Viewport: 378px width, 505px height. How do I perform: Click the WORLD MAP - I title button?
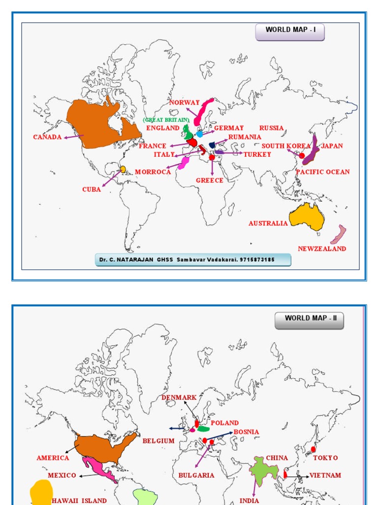(290, 30)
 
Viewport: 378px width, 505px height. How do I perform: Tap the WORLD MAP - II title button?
(309, 318)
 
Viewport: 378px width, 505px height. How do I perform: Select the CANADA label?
(47, 137)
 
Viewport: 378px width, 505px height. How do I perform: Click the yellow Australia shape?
(306, 216)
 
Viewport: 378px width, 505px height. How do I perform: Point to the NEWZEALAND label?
(322, 249)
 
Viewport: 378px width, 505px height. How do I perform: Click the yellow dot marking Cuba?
(123, 169)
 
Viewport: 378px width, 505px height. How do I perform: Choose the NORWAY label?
(185, 103)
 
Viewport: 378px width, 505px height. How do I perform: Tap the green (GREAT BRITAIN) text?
(166, 120)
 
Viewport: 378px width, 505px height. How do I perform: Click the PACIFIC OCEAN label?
(323, 172)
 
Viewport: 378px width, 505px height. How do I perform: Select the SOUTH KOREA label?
(286, 146)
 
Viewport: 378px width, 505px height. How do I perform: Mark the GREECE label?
(210, 180)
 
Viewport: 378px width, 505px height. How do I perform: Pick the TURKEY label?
(257, 154)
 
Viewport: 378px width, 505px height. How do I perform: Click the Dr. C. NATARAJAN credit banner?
(193, 259)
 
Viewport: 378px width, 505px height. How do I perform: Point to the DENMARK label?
(179, 397)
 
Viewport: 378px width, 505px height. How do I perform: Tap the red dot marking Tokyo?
(313, 449)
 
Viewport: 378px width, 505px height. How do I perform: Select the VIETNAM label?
(325, 475)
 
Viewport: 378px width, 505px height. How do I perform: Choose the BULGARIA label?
(196, 475)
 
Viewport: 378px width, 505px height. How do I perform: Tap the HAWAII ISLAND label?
(79, 501)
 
